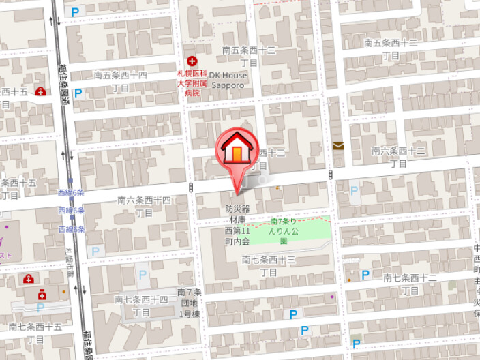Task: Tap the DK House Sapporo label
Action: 226,80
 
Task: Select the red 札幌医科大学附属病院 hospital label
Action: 192,80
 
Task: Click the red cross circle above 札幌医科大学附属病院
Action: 192,61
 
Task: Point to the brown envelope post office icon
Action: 338,145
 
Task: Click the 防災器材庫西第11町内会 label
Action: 238,225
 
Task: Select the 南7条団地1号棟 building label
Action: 189,303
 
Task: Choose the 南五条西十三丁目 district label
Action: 250,56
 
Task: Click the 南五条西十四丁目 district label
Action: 120,80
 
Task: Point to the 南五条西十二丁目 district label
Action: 391,48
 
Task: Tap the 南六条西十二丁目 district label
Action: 399,156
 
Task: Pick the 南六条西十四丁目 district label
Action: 144,206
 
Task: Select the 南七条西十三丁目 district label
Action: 269,265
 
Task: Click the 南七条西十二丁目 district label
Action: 410,284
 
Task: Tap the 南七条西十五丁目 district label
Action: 35,333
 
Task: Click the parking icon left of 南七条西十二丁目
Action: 365,275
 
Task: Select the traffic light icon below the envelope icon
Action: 331,175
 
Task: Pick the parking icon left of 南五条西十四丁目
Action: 78,93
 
